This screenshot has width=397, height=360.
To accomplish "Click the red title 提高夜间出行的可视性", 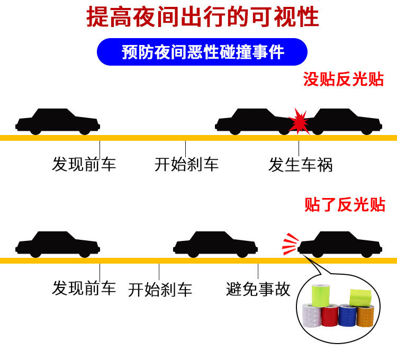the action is tap(202, 17).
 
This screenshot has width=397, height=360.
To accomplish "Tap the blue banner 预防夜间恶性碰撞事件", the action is tap(202, 52).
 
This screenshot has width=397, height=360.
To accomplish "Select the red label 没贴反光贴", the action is tap(344, 79).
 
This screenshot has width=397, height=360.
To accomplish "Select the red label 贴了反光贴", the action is tap(345, 204).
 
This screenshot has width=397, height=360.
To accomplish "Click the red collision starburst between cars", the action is tap(299, 122).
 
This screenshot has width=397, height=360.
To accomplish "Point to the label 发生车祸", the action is tap(300, 165).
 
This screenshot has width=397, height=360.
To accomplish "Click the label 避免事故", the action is tap(258, 289).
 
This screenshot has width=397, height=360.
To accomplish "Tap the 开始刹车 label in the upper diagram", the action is tap(186, 165).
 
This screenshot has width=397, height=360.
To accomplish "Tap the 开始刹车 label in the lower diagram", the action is tap(160, 290).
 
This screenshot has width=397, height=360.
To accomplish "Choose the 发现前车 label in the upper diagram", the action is tap(84, 164).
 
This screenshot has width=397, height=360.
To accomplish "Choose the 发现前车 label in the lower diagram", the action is tap(84, 288).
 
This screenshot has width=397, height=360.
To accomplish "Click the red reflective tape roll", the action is tap(330, 316).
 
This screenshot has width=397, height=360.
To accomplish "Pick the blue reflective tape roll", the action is tap(348, 316).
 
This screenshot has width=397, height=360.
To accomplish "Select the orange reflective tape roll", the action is tap(365, 317).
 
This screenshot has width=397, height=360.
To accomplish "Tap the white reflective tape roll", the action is tap(312, 316).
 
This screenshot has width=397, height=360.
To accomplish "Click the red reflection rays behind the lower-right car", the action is tap(290, 244).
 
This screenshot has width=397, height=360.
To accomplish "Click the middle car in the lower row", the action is tap(215, 244).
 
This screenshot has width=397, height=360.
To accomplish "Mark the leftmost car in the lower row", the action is tap(58, 244).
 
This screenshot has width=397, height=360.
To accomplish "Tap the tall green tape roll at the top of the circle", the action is tap(321, 295).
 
